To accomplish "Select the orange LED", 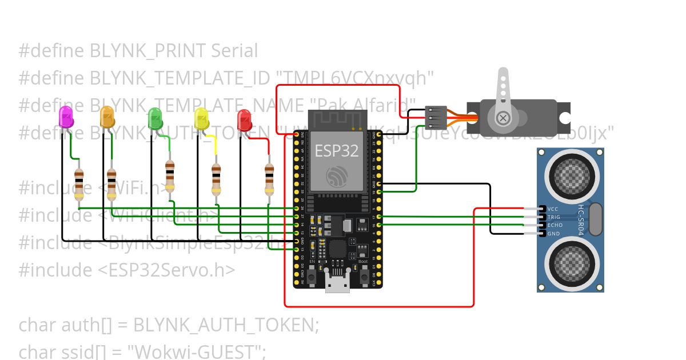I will [107, 117].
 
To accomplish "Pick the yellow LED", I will [201, 118].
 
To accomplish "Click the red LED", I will [245, 120].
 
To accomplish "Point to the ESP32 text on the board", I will [336, 150].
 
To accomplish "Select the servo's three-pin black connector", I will [436, 117].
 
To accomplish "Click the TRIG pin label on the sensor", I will [554, 217].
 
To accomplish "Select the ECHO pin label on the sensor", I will [554, 225].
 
